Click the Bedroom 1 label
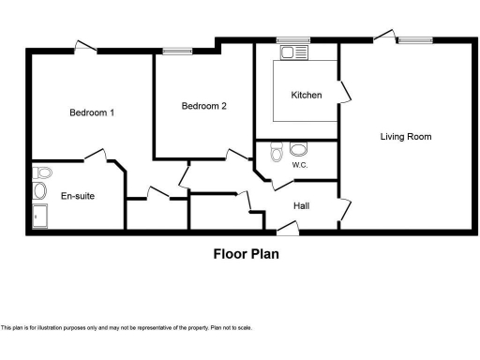pos(92,113)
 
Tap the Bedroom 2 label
pos(203,106)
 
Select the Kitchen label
pos(307,95)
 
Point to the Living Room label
pos(405,136)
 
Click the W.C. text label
pos(300,165)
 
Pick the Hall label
pos(301,204)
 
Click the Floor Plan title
pos(246,252)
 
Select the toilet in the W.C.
pos(276,152)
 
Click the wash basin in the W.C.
pos(299,149)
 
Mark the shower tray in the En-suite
pos(40,217)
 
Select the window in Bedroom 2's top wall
pos(175,52)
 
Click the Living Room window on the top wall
pos(413,40)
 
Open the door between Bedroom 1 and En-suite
pos(94,155)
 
